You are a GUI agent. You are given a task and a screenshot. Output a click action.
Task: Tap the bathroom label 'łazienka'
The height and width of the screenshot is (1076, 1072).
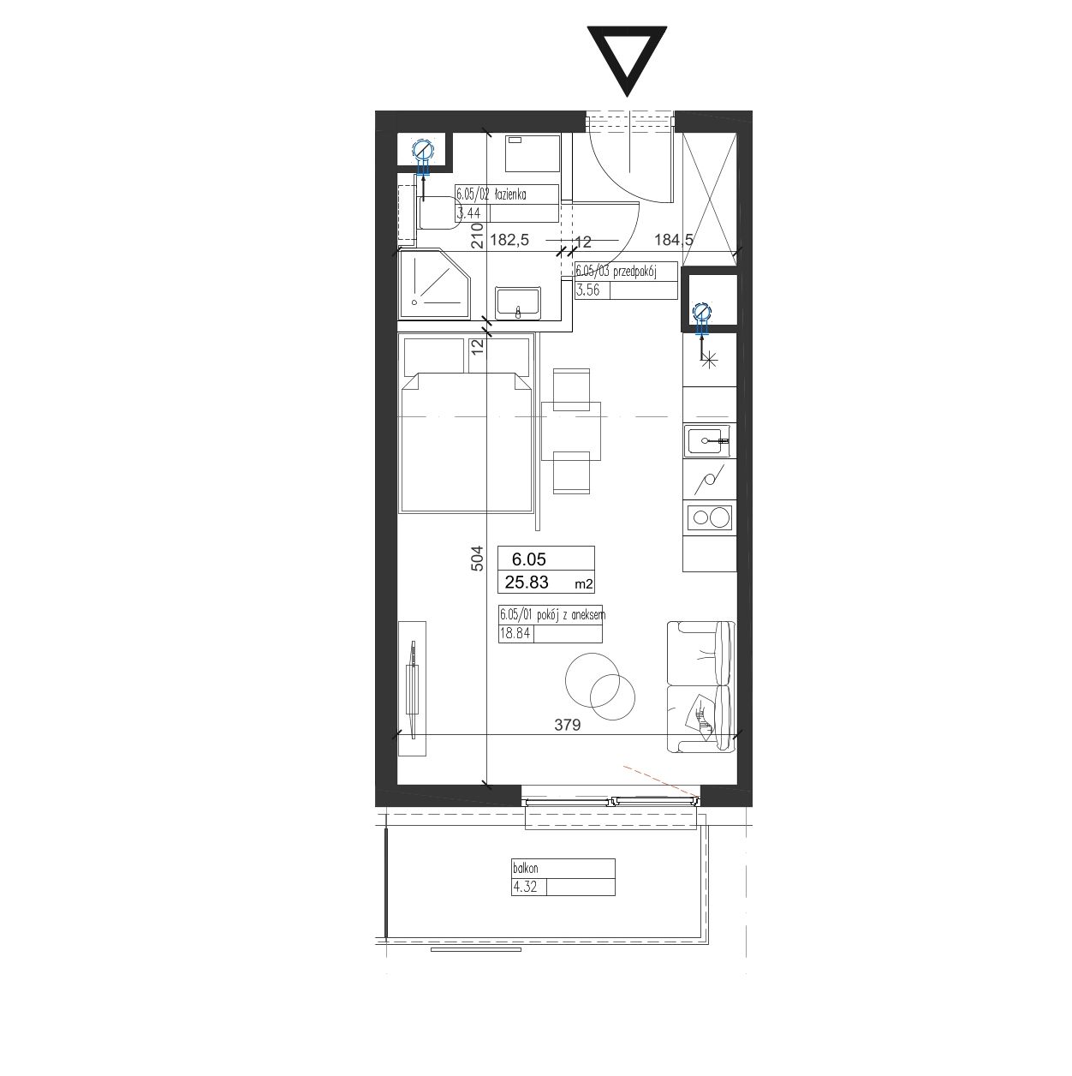[x=509, y=194]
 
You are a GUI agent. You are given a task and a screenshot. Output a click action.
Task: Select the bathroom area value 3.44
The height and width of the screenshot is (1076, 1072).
[x=468, y=212]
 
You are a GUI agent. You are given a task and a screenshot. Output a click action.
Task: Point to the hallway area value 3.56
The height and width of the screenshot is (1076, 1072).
[x=587, y=290]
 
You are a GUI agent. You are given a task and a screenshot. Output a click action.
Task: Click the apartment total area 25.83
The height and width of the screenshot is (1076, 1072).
[x=527, y=583]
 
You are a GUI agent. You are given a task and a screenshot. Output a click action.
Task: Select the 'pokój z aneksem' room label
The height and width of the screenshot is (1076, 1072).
[x=570, y=615]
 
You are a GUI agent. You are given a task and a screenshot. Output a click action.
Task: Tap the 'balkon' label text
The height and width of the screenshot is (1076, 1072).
[x=526, y=869]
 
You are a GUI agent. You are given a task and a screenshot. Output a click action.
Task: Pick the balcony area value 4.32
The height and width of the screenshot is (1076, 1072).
[x=524, y=887]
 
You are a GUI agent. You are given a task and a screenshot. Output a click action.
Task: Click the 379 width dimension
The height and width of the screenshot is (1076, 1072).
[x=568, y=725]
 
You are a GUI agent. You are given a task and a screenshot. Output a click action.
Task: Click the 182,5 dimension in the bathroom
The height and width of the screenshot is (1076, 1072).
[x=509, y=240]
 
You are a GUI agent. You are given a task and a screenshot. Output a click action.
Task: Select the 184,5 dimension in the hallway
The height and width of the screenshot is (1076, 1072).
[x=674, y=240]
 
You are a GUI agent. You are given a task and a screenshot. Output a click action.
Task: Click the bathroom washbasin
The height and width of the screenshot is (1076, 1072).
[x=518, y=303]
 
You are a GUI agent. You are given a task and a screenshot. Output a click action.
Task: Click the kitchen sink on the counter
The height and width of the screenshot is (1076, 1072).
[x=708, y=441]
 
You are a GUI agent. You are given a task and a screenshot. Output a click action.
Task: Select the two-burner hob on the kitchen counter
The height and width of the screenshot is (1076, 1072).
[x=709, y=517]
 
